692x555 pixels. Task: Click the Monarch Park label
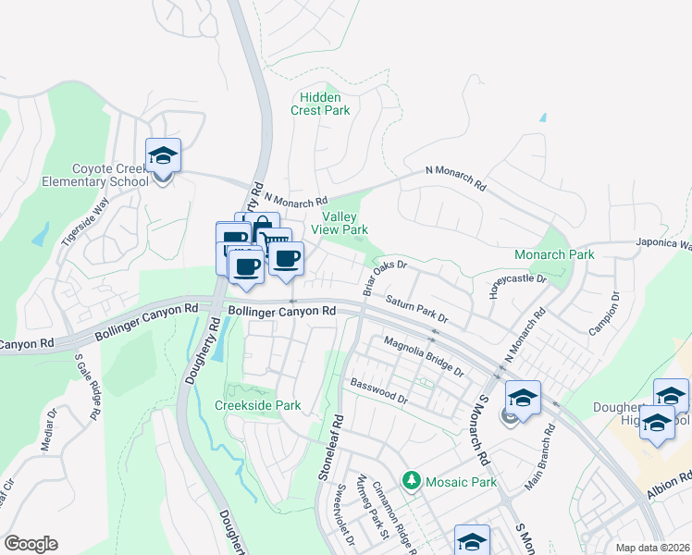[554, 254]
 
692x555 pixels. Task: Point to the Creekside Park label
[258, 405]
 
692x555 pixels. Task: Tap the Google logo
[31, 544]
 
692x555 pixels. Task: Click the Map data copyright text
[651, 548]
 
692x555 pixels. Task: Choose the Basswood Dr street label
[377, 391]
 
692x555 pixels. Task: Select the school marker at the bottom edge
[471, 540]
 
